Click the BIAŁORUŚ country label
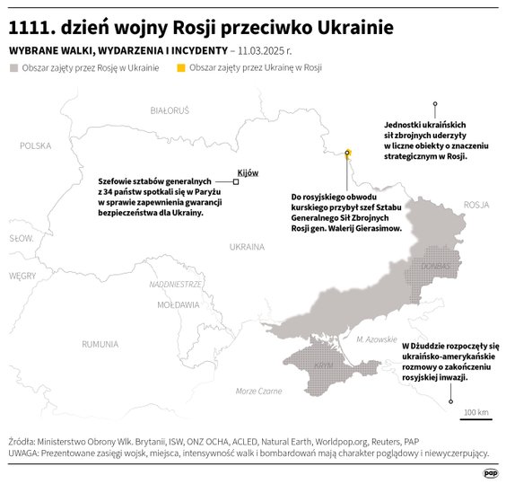point(170,110)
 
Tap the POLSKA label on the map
point(36,145)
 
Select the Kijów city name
point(247,172)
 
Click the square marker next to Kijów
point(236,182)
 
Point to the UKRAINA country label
point(247,246)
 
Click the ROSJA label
point(476,205)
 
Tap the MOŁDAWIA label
point(178,304)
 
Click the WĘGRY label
point(22,276)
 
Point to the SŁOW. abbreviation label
point(21,239)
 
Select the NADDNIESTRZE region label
point(176,283)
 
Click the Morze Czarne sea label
point(258,391)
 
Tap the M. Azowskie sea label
point(376,339)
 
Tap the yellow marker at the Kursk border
point(347,153)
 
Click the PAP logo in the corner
point(490,472)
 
